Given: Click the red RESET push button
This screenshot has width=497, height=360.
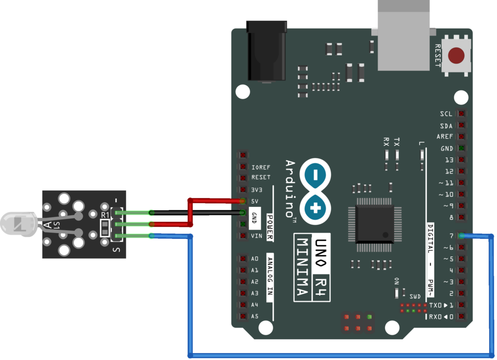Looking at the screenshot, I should point(456,55).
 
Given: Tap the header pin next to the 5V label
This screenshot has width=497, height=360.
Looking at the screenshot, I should point(242,201).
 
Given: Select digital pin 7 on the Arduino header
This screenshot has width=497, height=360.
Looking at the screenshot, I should point(461,236).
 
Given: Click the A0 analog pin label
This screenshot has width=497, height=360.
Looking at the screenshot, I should point(255,259).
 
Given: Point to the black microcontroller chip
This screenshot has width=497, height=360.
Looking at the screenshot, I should point(375,224).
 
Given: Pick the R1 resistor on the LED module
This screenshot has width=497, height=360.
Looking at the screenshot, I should point(105,227).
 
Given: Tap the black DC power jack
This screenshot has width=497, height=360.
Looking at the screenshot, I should point(266,51).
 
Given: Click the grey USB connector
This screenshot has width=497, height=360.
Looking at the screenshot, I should point(403,34).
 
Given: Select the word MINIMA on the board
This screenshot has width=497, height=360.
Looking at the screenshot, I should point(302,267).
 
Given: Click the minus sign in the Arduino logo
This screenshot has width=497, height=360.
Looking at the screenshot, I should point(316,174).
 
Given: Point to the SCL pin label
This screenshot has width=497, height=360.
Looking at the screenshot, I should point(446,114).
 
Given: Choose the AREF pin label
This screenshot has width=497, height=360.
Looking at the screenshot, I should point(445,137).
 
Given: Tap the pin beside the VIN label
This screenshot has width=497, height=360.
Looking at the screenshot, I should point(242,236).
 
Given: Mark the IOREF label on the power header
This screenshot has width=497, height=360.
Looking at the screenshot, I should point(261,168).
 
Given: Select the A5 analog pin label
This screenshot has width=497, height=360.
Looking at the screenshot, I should point(255,316).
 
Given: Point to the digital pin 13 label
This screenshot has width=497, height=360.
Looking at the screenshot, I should point(449,160).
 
